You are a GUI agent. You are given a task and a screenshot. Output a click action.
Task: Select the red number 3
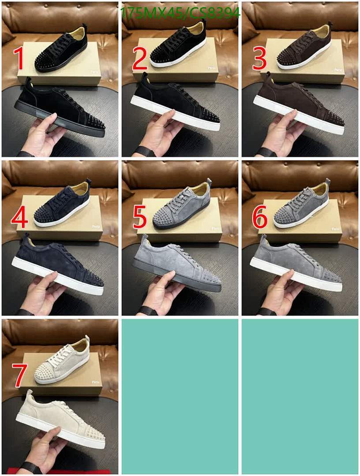259,58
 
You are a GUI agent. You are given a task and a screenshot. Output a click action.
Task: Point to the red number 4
20,217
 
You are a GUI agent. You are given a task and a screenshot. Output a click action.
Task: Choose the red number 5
140,217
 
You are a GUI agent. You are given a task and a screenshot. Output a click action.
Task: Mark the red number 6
259,217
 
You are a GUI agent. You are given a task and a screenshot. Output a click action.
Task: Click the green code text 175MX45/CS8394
180,14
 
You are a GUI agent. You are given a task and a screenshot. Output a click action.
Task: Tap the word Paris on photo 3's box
337,70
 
